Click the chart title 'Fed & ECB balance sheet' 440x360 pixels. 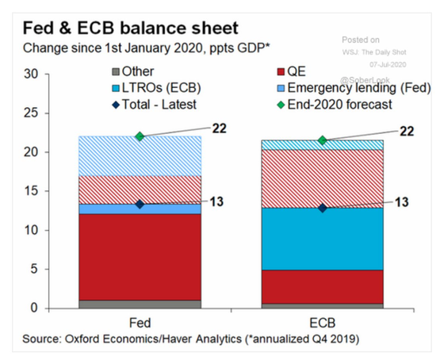coord(131,28)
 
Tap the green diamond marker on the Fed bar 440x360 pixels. coord(140,136)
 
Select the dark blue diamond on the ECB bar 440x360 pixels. coord(323,209)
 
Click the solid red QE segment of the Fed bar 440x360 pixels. coord(140,257)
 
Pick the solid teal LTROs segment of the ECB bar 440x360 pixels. coord(323,239)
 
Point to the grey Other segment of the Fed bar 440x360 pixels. coord(140,304)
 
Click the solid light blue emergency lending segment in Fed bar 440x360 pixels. coord(140,209)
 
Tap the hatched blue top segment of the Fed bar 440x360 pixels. coord(140,156)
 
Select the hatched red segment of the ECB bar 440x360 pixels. coord(323,178)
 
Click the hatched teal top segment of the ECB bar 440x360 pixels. coord(323,145)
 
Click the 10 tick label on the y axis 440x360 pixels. coord(31,231)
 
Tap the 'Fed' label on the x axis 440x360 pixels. coord(140,323)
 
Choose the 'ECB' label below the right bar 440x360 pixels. coord(323,323)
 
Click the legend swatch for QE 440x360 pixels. coord(281,72)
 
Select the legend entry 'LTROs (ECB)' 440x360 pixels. coord(156,88)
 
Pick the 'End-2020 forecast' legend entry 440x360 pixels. coord(335,105)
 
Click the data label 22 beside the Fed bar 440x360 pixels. coord(219,128)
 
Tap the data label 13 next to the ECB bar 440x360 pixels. coord(402,202)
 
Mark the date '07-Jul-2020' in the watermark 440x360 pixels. coord(388,64)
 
